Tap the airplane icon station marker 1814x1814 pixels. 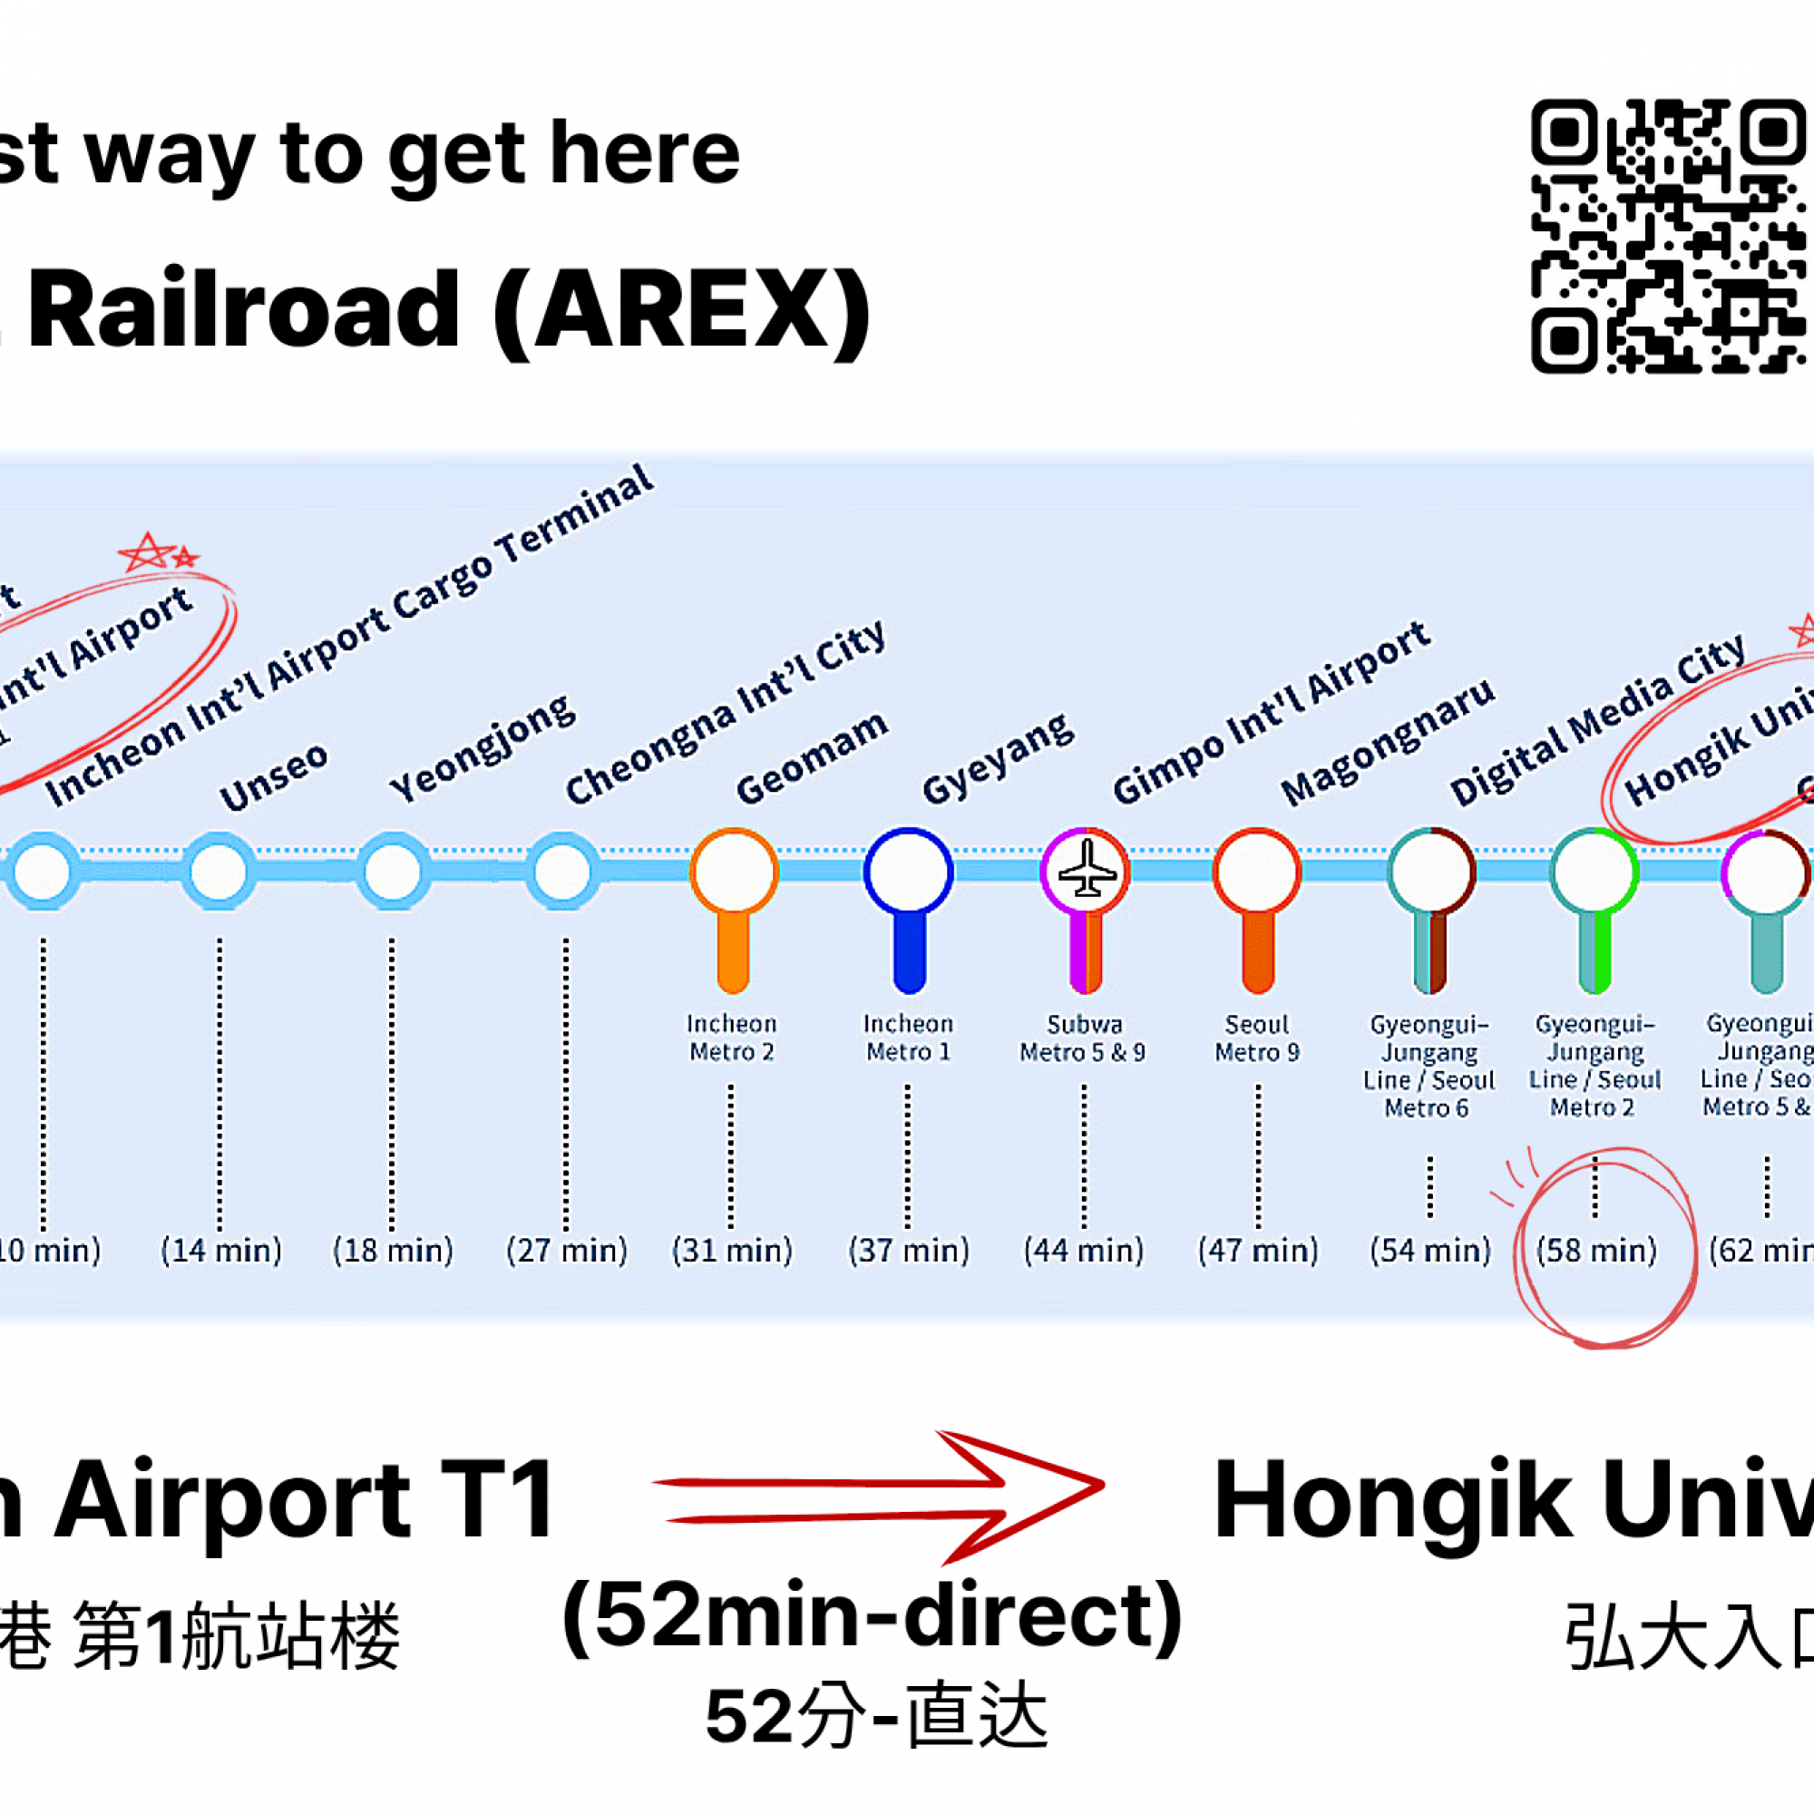[x=1086, y=872]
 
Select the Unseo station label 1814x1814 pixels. [x=273, y=778]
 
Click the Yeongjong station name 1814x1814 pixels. [x=482, y=748]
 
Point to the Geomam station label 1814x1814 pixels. [x=811, y=757]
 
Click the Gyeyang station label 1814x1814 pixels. [x=997, y=758]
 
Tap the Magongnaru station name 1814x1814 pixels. [x=1388, y=742]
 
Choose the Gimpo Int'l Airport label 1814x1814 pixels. [x=1272, y=714]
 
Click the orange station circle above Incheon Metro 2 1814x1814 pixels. [x=733, y=872]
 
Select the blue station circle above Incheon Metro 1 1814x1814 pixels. [x=908, y=872]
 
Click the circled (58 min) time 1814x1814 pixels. [x=1596, y=1251]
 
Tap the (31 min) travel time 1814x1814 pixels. [x=732, y=1251]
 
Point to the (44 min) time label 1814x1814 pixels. [x=1084, y=1251]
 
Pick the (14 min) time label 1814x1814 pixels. [x=220, y=1251]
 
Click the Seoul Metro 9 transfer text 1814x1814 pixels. [x=1257, y=1038]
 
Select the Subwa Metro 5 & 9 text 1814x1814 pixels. [x=1084, y=1038]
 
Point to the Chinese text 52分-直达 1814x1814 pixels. [x=876, y=1715]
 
